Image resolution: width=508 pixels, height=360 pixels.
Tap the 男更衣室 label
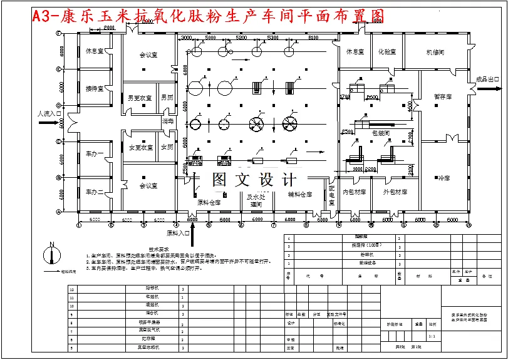coord(140,98)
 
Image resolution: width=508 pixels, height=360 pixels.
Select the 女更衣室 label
coord(140,148)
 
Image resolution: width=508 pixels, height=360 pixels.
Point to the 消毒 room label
coord(167,120)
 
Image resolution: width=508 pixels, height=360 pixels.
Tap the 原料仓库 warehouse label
coord(209,202)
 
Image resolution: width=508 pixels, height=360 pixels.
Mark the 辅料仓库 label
coord(299,195)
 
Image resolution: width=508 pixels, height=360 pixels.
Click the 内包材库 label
coord(354,192)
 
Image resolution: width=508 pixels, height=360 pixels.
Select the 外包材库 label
coord(395,192)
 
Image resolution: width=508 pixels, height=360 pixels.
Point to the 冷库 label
coord(443,179)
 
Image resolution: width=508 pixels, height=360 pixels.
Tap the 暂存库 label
coord(443,97)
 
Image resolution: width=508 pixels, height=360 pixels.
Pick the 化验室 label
coord(386,52)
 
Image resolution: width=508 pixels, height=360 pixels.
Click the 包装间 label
coord(381,133)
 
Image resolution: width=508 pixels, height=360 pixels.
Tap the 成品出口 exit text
coord(488,80)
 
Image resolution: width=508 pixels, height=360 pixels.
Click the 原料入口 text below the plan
coord(178,233)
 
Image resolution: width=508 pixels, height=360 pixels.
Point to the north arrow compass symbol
coord(52,255)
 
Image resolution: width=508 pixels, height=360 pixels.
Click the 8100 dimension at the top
coord(313,38)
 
